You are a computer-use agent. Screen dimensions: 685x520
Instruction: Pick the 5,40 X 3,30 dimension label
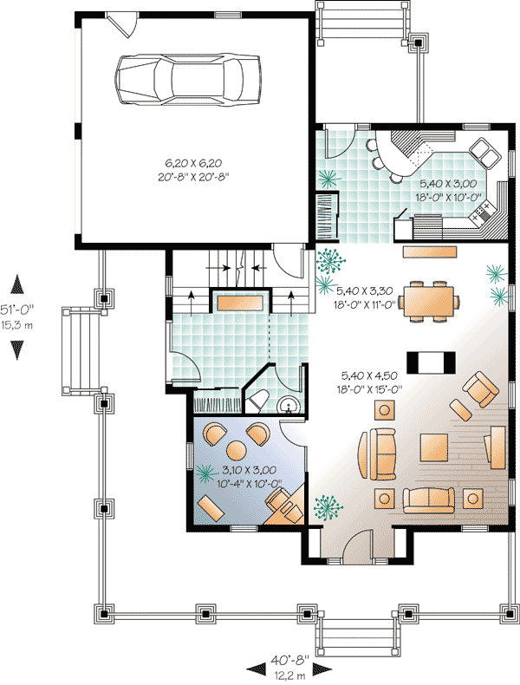click(364, 292)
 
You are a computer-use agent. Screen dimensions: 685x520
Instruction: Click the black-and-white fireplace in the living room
click(431, 361)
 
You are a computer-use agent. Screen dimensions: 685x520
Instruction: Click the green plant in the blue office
click(206, 473)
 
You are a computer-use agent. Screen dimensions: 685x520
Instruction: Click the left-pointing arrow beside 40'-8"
click(257, 668)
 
